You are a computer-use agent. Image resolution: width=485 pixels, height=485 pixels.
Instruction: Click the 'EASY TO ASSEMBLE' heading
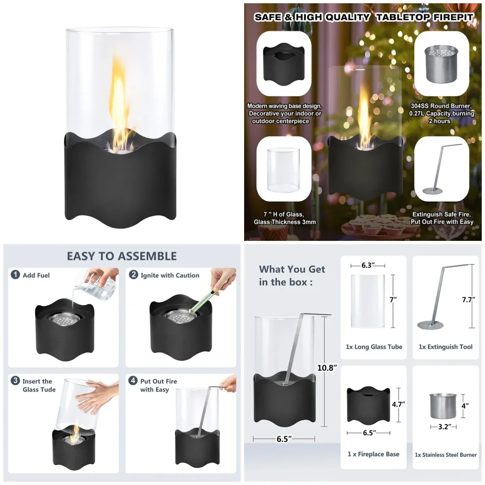pos(122,256)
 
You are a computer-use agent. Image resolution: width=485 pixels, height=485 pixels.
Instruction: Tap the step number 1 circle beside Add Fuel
pos(15,275)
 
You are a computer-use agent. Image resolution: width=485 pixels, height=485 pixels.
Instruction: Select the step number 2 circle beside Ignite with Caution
pos(133,275)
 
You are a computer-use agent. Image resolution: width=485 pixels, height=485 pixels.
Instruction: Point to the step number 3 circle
pos(15,381)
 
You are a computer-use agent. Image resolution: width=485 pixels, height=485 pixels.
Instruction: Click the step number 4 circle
pos(133,381)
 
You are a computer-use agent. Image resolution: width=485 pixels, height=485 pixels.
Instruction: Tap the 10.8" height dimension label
pos(327,368)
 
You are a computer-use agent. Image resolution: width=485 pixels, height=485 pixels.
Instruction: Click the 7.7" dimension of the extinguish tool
pos(468,300)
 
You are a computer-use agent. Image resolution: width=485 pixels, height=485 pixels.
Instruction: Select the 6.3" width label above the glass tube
pos(368,266)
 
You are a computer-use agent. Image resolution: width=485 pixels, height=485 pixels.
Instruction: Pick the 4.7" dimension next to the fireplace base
pos(398,404)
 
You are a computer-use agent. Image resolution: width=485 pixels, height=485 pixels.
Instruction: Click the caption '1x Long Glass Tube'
pos(374,347)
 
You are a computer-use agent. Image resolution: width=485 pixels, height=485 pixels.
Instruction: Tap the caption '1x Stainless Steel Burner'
pos(446,455)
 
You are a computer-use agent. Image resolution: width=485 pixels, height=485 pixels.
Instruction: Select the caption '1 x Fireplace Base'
pos(373,454)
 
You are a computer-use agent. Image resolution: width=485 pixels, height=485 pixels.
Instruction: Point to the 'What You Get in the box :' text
pos(292,276)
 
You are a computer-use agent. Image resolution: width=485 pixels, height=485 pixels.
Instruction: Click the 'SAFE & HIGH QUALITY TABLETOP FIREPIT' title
pos(363,17)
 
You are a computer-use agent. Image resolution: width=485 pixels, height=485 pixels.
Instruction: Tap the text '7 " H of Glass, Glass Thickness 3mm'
pos(285,218)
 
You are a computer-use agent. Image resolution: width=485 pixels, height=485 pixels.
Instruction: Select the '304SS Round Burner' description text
pos(441,114)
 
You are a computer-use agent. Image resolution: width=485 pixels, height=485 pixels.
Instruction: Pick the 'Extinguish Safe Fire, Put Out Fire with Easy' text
pos(442,218)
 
